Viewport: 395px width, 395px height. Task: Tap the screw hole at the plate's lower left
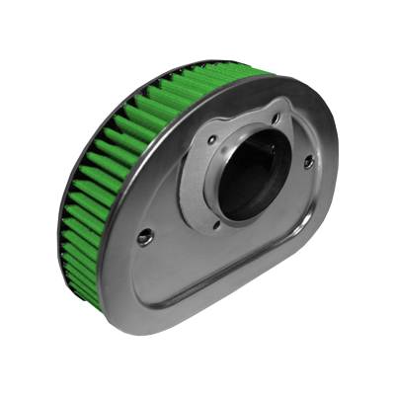coord(145,237)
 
